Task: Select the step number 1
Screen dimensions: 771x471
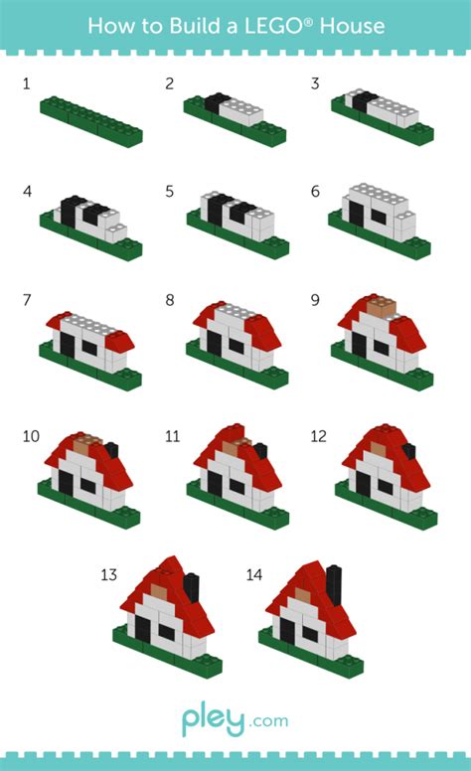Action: [x=26, y=83]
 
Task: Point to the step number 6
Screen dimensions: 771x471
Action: [x=315, y=191]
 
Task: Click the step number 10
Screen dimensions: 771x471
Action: [x=31, y=436]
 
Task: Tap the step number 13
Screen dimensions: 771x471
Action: [x=108, y=574]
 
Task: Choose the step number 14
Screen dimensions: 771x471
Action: [x=253, y=574]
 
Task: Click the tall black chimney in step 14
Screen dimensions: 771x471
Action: [x=334, y=582]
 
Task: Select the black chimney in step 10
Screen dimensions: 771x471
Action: [x=111, y=449]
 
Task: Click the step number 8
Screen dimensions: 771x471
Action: [x=170, y=299]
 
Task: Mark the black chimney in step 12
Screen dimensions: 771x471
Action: [x=408, y=450]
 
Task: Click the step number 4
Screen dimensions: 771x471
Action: [x=26, y=191]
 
